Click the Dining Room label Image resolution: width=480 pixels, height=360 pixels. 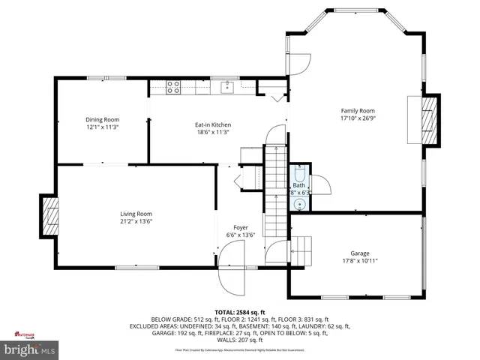(102, 119)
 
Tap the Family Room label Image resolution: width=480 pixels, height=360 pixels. (357, 110)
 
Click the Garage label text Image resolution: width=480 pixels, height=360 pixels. (360, 253)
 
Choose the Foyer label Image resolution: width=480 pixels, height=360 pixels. (241, 226)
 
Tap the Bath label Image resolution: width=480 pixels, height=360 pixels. (299, 185)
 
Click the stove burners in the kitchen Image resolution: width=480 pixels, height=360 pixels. (173, 87)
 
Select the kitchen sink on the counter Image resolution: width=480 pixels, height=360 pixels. (227, 88)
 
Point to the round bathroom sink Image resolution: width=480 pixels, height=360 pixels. (300, 202)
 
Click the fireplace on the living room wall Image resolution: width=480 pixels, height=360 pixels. (49, 217)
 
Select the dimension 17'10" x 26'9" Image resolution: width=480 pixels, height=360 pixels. (357, 118)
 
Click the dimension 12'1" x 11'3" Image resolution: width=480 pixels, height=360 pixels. (102, 127)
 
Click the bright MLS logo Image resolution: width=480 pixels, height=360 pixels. (30, 349)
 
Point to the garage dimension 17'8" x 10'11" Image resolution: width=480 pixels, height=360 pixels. (360, 260)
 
